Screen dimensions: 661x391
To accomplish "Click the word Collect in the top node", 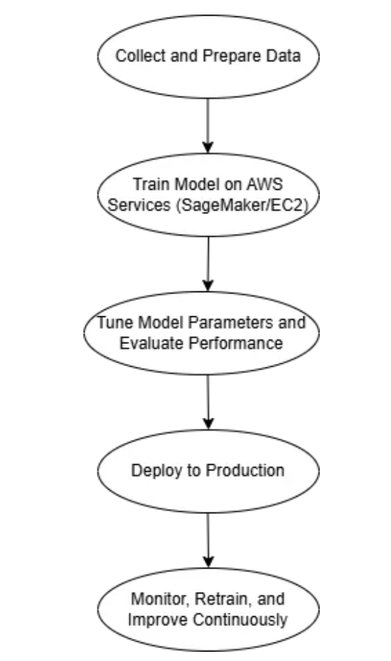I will point(136,55).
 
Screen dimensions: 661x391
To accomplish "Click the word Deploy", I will point(152,471).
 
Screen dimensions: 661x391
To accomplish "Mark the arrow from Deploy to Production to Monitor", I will point(208,540).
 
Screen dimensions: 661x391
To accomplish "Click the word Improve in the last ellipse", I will point(151,619).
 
